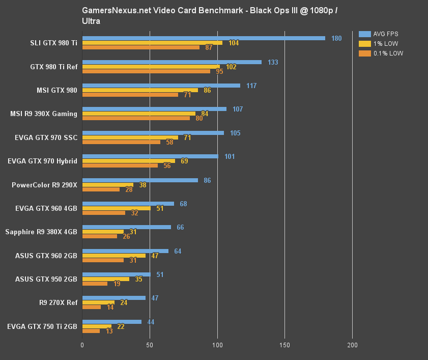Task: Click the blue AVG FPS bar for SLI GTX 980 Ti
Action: pos(204,38)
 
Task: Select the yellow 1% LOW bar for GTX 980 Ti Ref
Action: pos(151,67)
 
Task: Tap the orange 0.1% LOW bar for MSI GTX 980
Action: pos(130,95)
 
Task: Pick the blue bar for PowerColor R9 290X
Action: pos(140,180)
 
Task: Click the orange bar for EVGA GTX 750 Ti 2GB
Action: pos(91,331)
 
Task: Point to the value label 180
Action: pos(336,38)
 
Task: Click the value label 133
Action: pos(273,62)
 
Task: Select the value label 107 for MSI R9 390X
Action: pos(238,109)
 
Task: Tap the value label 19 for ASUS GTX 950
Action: pos(117,284)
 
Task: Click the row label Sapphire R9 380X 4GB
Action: pos(41,232)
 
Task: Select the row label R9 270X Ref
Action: pos(58,303)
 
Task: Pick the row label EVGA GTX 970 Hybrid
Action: pos(43,161)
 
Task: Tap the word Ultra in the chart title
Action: pos(91,21)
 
